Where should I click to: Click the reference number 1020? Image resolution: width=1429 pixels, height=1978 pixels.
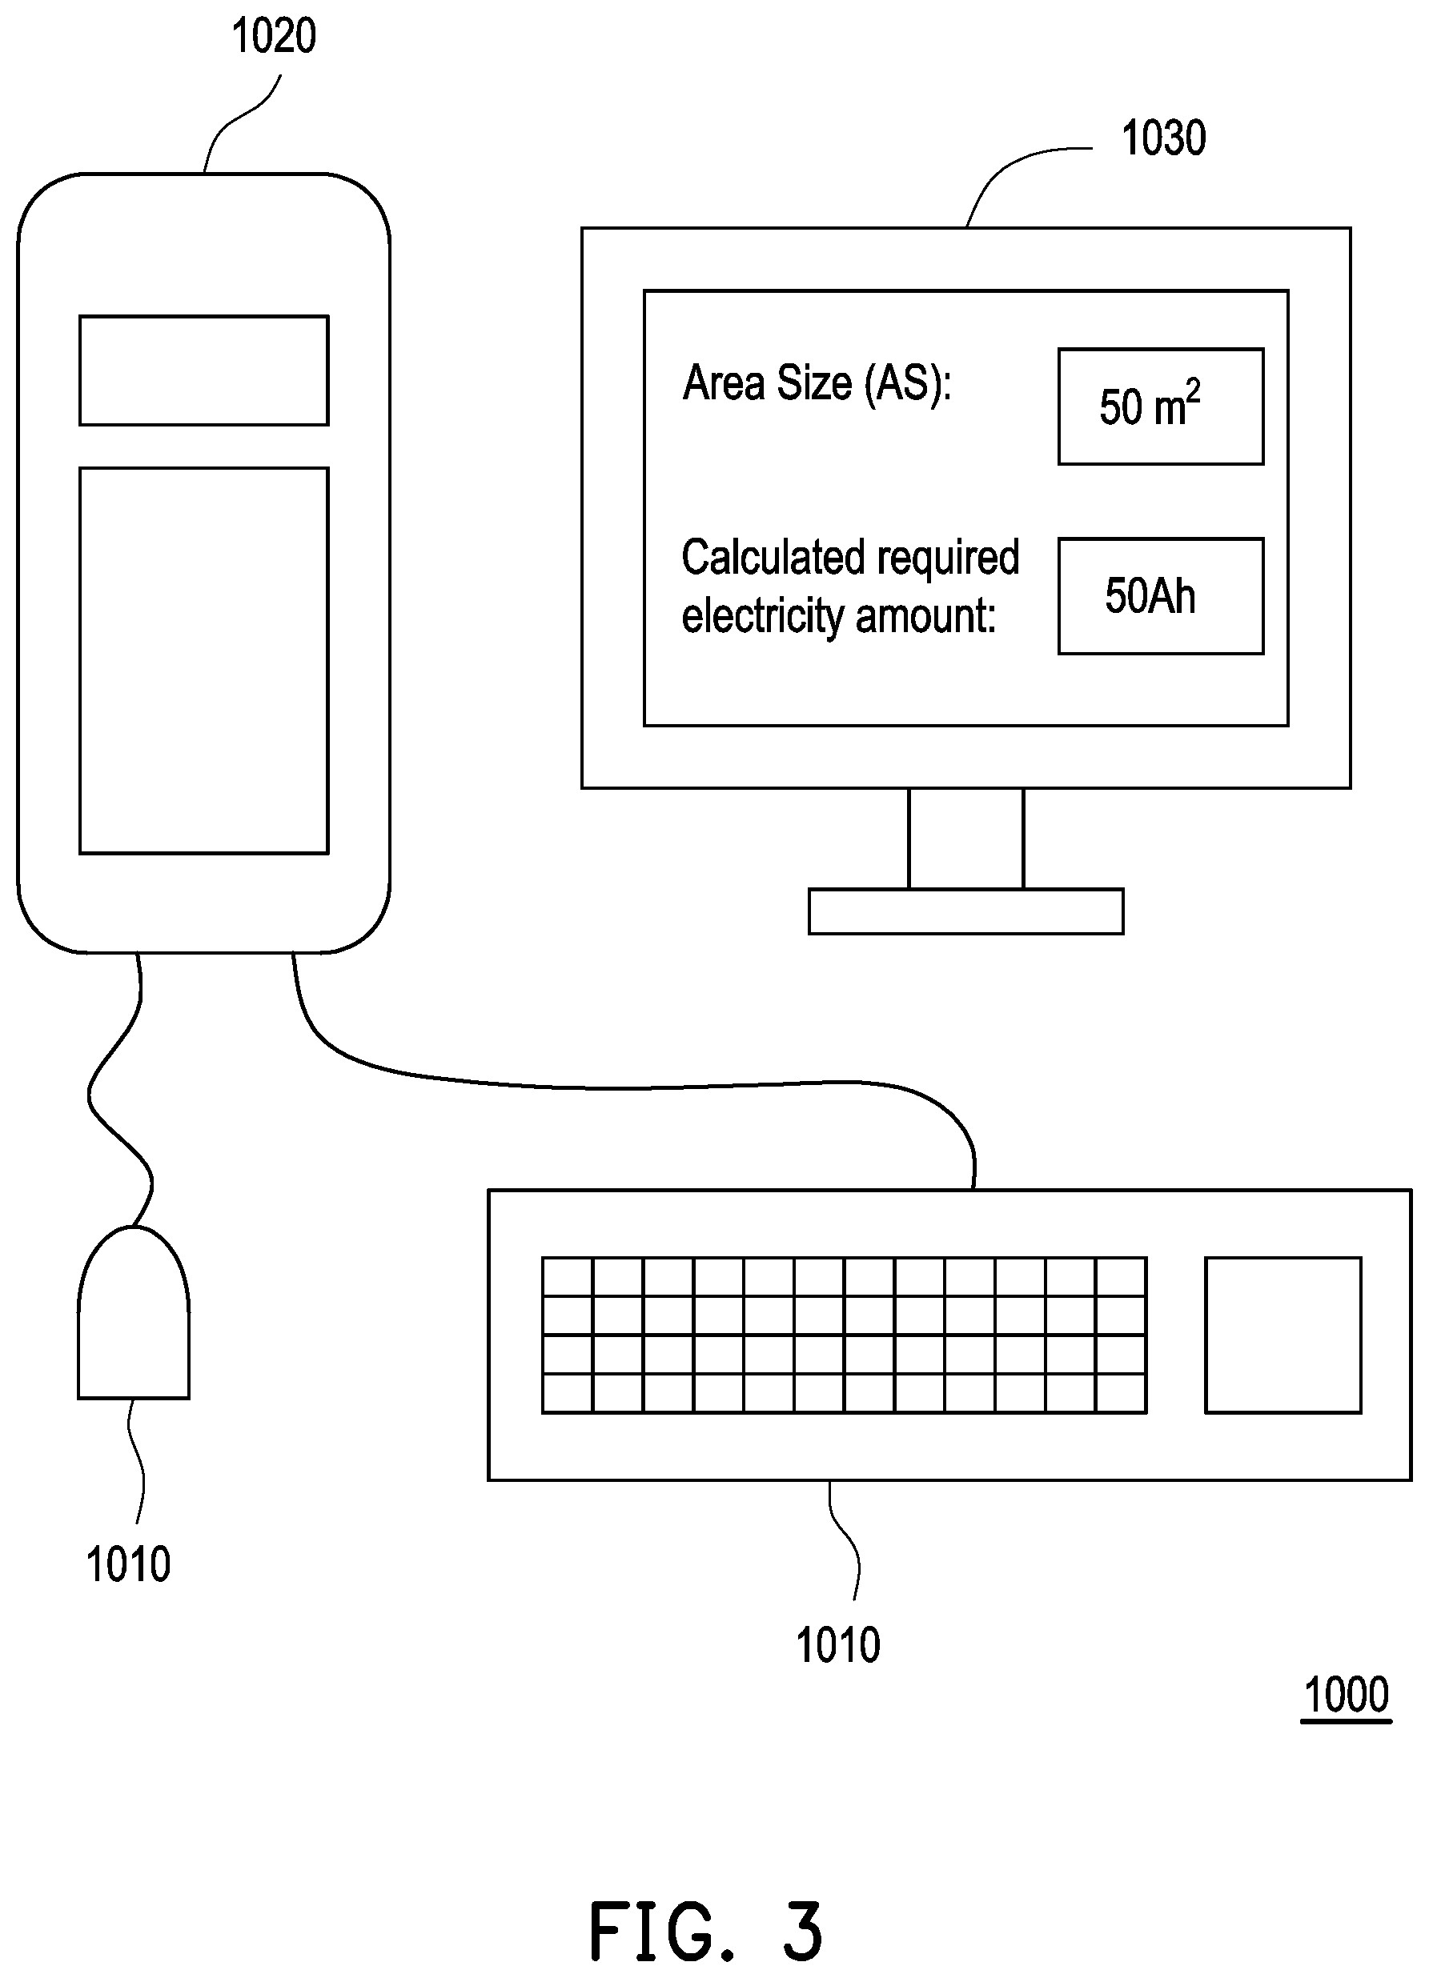(x=273, y=37)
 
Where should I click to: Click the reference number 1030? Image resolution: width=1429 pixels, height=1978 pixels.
(x=1163, y=138)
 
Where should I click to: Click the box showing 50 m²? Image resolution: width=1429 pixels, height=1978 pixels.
(x=1160, y=406)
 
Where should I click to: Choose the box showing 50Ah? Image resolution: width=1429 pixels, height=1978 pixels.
(x=1160, y=595)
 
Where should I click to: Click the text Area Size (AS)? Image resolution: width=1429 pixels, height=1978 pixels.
(x=817, y=384)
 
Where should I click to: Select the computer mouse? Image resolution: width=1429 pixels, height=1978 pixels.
(x=134, y=1311)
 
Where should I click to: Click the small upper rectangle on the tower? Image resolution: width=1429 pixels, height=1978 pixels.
(x=204, y=370)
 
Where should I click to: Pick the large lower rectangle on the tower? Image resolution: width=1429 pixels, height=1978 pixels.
(x=204, y=660)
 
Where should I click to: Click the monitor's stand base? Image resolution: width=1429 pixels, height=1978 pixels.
(x=965, y=911)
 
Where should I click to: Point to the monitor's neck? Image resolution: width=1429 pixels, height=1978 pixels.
(x=965, y=838)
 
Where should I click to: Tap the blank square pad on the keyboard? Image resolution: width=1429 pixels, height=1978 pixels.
(x=1282, y=1335)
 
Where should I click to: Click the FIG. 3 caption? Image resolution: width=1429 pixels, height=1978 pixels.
(x=705, y=1932)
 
